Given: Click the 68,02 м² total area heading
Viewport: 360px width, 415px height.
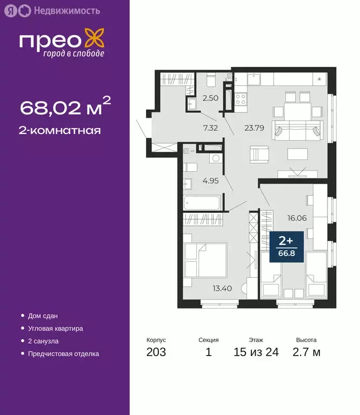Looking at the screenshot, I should pyautogui.click(x=65, y=107).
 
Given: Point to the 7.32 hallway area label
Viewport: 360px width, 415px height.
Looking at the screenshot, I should pyautogui.click(x=210, y=128).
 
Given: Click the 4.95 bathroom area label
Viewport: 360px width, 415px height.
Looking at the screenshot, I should pyautogui.click(x=211, y=180).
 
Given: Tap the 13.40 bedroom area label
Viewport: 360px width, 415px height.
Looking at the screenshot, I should pyautogui.click(x=222, y=288).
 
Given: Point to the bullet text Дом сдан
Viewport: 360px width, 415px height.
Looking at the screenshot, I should pyautogui.click(x=43, y=316).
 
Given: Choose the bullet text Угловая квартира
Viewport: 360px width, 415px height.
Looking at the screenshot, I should pyautogui.click(x=55, y=328).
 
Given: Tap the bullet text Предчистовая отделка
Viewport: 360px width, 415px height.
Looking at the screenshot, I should pyautogui.click(x=63, y=354).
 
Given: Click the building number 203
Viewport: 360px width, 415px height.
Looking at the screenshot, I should pyautogui.click(x=156, y=353).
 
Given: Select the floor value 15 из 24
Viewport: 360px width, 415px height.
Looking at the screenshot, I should pyautogui.click(x=256, y=353).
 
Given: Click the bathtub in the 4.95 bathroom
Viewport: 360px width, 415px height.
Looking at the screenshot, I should pyautogui.click(x=202, y=203).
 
